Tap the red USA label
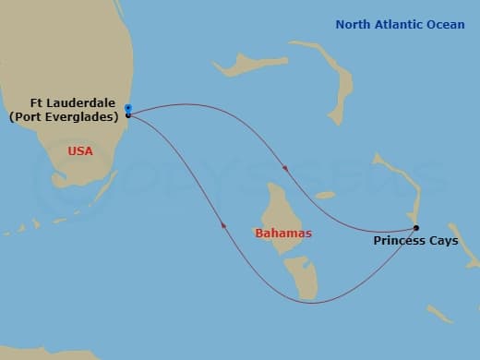80,150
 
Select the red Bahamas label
283,233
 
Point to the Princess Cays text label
415,241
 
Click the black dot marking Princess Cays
416,228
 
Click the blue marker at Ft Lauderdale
127,109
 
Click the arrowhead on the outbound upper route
286,169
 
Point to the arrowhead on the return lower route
222,224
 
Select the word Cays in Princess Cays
443,241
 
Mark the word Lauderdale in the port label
89,104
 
